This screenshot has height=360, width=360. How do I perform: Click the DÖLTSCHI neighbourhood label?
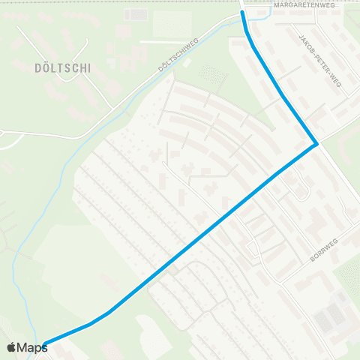click(x=62, y=67)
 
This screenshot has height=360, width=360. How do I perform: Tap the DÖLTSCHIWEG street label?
click(x=178, y=55)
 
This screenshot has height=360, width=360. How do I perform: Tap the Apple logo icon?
click(x=11, y=347)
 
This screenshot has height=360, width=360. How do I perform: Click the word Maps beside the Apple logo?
click(x=32, y=347)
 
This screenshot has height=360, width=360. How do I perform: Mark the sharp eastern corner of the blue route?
click(x=317, y=143)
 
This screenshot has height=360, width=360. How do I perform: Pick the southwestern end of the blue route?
click(x=45, y=344)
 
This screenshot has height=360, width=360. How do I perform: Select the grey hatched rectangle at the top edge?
click(x=136, y=14)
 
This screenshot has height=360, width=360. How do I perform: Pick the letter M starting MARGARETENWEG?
click(x=277, y=5)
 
